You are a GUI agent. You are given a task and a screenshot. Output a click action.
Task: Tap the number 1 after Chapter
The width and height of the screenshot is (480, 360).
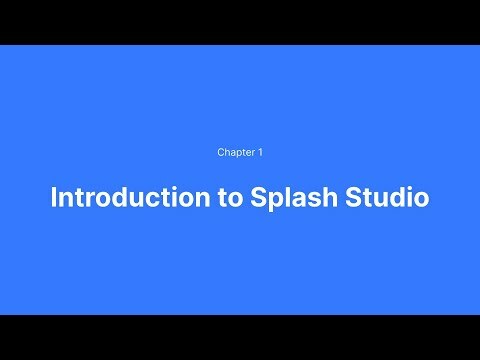point(260,153)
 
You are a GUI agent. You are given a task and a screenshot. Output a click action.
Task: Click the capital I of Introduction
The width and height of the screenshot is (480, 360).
point(54,197)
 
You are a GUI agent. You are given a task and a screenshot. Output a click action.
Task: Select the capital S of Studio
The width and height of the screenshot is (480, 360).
point(339,197)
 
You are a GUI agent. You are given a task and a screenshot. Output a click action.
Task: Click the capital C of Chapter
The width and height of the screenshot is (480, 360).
point(221,153)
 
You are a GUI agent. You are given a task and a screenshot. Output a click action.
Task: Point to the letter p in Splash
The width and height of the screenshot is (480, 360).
point(260,200)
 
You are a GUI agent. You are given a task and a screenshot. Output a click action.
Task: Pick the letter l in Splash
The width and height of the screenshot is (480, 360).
point(272,197)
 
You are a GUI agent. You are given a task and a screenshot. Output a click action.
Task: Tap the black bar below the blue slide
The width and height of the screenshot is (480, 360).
point(240,337)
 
